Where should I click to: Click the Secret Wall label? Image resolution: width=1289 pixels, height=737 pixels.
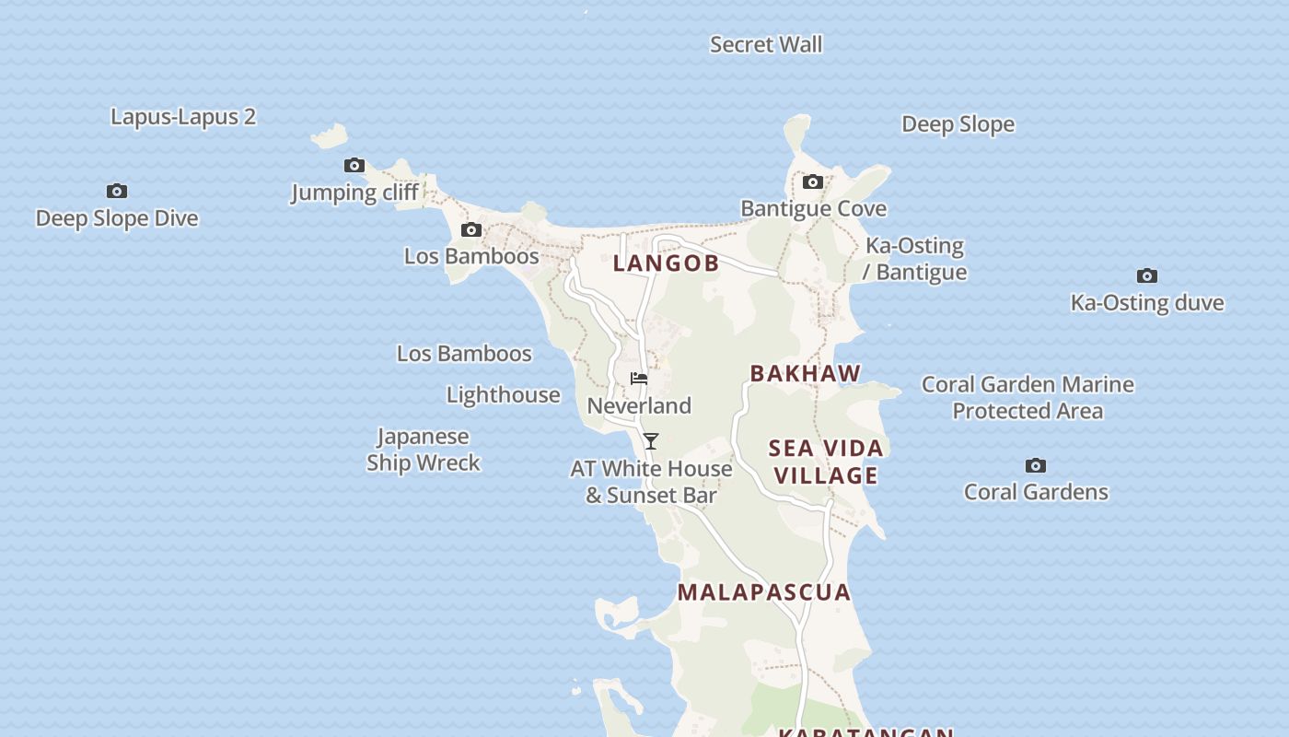(766, 44)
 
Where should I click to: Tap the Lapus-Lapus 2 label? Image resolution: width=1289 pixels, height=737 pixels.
(183, 117)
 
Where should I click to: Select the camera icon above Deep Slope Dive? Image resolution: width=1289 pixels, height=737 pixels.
(117, 191)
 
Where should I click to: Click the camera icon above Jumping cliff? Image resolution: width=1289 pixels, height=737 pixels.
(354, 166)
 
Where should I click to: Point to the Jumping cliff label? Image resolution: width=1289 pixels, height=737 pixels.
(355, 193)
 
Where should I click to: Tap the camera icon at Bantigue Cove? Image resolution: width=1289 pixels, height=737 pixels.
(813, 182)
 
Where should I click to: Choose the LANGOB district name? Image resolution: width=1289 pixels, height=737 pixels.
(666, 263)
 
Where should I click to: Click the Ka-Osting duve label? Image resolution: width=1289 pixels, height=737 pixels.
(1147, 303)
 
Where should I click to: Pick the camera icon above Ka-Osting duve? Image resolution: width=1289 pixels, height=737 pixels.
(1147, 275)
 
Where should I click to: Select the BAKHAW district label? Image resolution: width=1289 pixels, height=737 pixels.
(806, 374)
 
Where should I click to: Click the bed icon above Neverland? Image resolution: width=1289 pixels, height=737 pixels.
(639, 379)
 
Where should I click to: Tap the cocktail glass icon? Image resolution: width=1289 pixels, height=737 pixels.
(651, 441)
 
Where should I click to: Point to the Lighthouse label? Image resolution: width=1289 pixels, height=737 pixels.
(504, 395)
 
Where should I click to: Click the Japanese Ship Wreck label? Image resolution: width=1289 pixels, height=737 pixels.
(424, 450)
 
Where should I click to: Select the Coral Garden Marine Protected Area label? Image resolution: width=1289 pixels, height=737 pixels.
(1028, 397)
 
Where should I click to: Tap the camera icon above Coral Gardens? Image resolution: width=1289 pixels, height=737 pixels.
(1036, 465)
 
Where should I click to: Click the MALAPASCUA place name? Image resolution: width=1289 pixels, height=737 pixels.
(764, 592)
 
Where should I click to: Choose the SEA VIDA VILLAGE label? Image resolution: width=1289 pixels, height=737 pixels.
(826, 462)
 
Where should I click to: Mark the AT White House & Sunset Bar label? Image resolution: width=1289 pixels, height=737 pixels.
(651, 482)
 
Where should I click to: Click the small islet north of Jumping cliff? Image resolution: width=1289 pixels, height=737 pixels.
(330, 137)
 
